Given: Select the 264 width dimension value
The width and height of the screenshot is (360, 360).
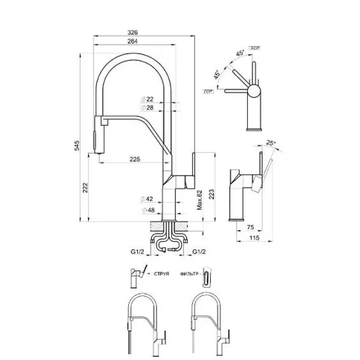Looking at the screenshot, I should pos(133,41).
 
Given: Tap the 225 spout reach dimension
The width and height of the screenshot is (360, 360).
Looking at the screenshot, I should pos(134,159).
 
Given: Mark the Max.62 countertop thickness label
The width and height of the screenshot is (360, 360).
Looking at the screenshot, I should pos(199,200).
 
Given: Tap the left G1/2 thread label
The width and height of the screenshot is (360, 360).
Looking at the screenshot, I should pos(138,252).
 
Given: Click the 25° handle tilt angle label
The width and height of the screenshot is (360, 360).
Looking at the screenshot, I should pos(271,143).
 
